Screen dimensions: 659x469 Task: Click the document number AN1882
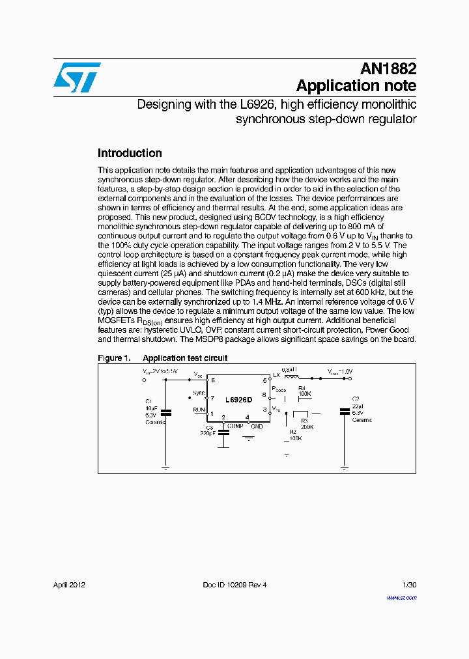(x=388, y=69)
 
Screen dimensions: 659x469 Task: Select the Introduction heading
(x=130, y=153)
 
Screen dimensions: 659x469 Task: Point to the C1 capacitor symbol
(x=165, y=412)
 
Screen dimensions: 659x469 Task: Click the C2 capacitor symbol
(x=344, y=410)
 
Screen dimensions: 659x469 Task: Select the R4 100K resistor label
(x=304, y=392)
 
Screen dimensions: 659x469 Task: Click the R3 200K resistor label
(x=307, y=425)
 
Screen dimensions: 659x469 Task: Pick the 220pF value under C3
(x=208, y=433)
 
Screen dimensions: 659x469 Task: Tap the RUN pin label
(x=199, y=410)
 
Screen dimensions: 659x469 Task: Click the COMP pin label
(x=235, y=426)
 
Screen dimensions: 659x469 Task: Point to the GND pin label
(x=257, y=426)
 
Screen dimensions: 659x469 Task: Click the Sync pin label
(x=199, y=393)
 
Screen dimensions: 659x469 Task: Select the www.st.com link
(x=401, y=597)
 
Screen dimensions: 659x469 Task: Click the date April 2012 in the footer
(x=69, y=585)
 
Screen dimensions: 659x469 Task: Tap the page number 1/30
(x=409, y=585)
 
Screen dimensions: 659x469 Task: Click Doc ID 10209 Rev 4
(x=234, y=585)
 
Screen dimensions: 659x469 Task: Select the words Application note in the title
(x=356, y=86)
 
